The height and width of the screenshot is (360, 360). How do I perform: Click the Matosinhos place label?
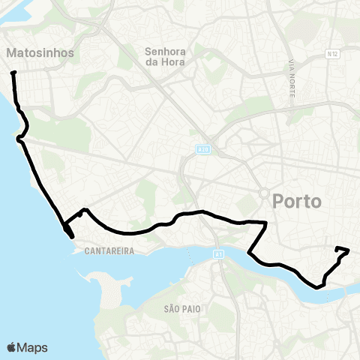[40, 53]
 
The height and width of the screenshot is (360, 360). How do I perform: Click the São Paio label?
[182, 308]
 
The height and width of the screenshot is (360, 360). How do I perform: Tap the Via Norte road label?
[290, 78]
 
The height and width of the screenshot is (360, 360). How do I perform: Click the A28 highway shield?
[202, 149]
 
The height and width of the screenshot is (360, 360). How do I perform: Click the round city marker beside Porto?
[264, 193]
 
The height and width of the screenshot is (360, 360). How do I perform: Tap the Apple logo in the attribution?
[12, 347]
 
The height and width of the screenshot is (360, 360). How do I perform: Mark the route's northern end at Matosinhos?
[13, 73]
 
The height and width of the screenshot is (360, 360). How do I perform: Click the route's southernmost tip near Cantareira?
[72, 237]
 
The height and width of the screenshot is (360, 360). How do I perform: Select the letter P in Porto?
[280, 201]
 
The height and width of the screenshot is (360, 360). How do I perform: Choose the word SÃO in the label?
[172, 308]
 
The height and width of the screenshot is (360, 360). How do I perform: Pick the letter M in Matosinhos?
[11, 53]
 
